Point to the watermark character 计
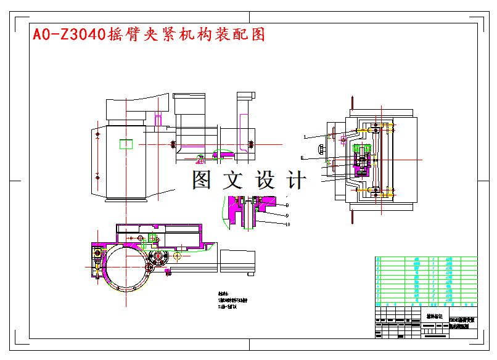(x=297, y=180)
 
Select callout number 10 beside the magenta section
(x=288, y=225)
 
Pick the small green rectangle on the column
(x=126, y=144)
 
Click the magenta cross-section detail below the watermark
(x=237, y=210)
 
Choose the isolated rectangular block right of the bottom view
(x=237, y=260)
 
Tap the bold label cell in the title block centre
(x=434, y=316)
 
